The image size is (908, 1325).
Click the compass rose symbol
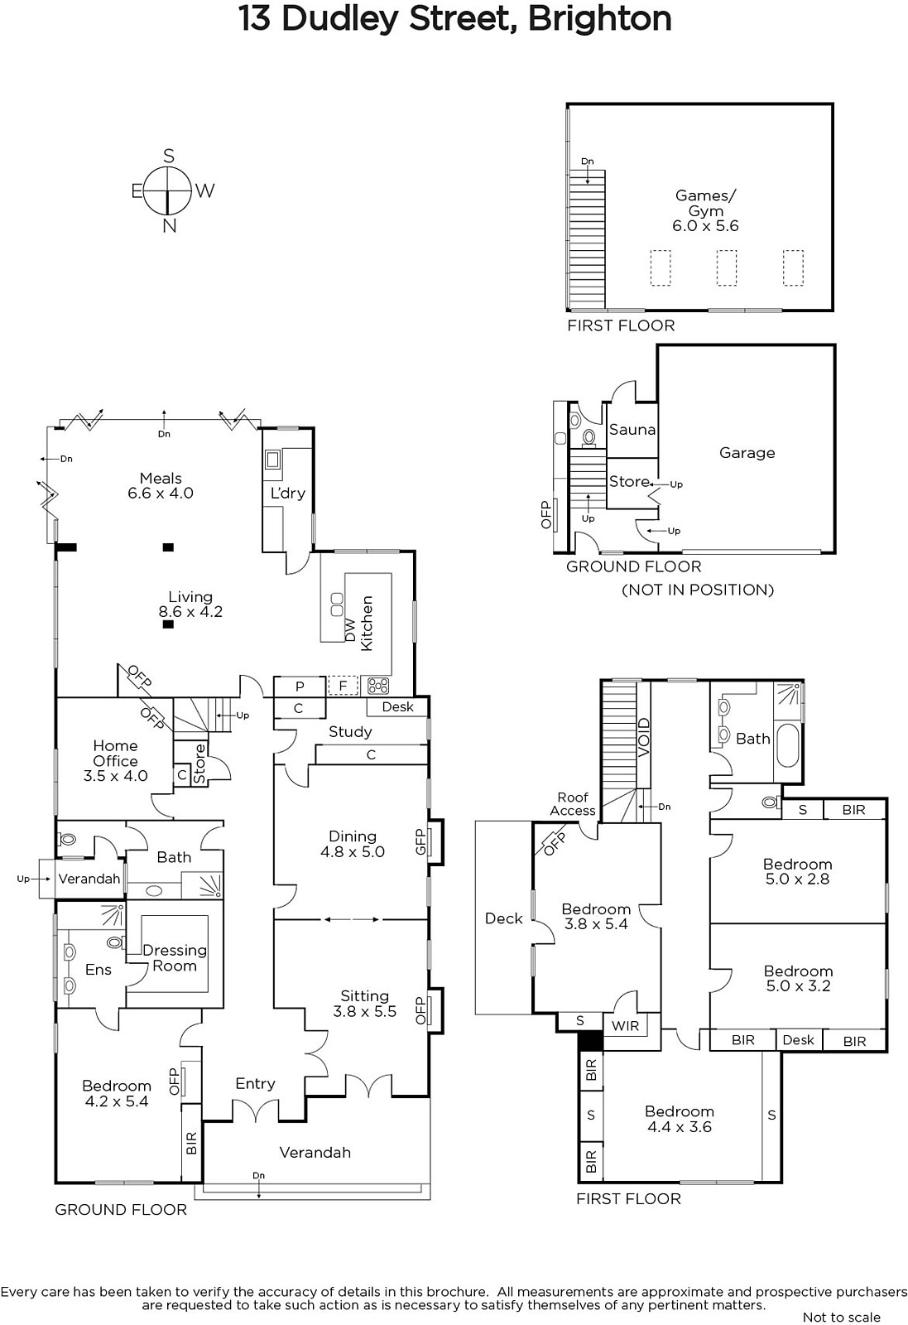point(169,190)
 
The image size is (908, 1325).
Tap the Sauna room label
point(632,430)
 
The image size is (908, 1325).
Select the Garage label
point(747,452)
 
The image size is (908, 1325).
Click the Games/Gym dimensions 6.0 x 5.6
point(705,225)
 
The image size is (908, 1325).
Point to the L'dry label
point(288,493)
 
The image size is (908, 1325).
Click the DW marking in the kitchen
point(350,630)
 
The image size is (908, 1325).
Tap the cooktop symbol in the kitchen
point(378,686)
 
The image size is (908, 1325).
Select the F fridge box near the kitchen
point(343,686)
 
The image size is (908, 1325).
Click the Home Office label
point(115,753)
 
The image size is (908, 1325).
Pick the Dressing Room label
point(175,957)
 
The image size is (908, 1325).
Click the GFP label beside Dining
point(420,841)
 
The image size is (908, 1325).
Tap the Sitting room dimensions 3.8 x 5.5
point(365,1011)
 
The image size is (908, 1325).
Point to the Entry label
point(256,1084)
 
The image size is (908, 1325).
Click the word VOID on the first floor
point(644,737)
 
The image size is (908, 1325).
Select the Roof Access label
point(572,804)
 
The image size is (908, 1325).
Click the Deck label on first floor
point(503,918)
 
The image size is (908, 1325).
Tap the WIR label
point(625,1025)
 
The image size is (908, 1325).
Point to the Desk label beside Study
point(398,707)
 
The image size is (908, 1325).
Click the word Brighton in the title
point(599,19)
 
